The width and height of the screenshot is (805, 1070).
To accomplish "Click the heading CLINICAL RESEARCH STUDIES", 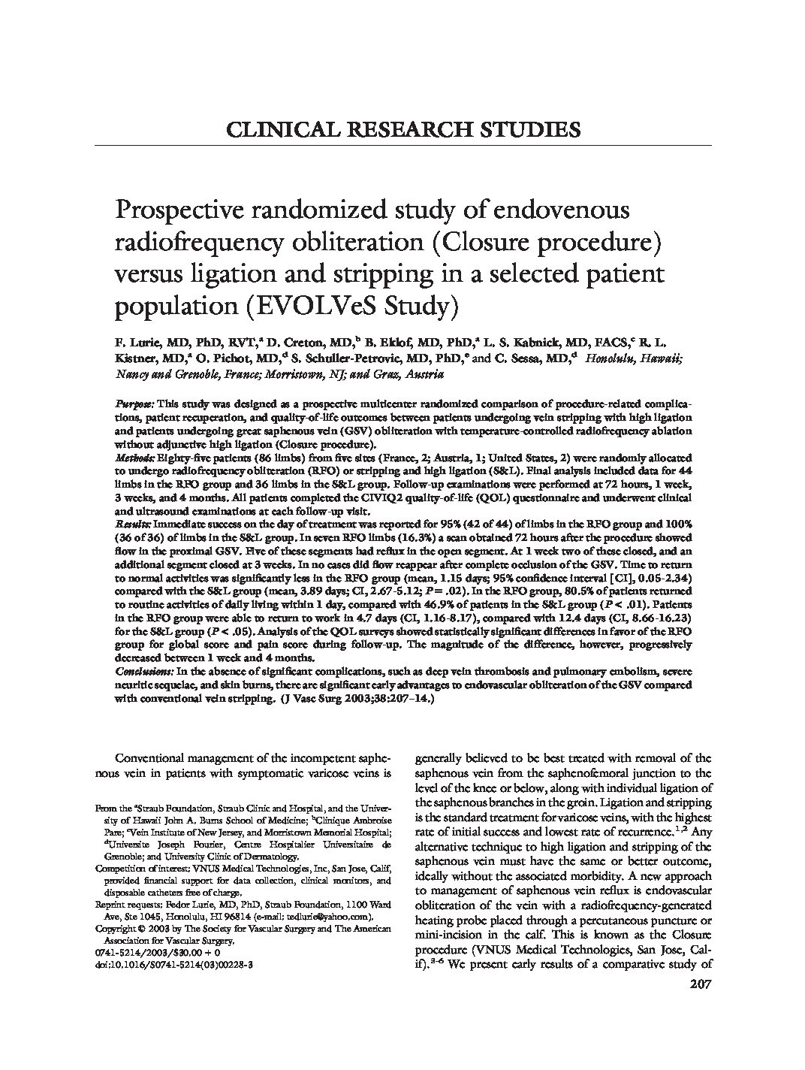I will [403, 129].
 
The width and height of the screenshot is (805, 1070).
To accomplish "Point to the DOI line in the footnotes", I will [173, 963].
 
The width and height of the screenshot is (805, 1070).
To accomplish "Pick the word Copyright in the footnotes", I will [116, 929].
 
